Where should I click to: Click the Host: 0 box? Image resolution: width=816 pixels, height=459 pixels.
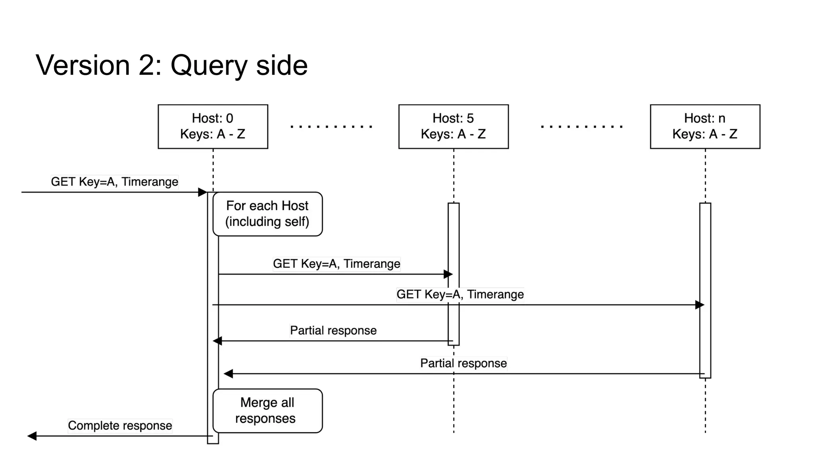pyautogui.click(x=213, y=126)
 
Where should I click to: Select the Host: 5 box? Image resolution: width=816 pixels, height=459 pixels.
pyautogui.click(x=453, y=126)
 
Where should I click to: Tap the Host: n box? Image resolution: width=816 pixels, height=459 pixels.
pyautogui.click(x=705, y=126)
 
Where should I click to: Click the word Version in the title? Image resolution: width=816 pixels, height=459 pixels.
pyautogui.click(x=83, y=65)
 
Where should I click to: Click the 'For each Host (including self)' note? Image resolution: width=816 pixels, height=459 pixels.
pyautogui.click(x=267, y=214)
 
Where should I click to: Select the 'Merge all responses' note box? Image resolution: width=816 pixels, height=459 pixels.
pyautogui.click(x=267, y=410)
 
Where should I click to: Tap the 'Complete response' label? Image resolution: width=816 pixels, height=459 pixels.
pyautogui.click(x=120, y=426)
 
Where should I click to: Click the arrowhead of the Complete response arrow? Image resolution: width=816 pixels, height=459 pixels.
pyautogui.click(x=32, y=436)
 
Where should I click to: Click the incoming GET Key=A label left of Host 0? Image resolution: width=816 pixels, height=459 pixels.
pyautogui.click(x=114, y=182)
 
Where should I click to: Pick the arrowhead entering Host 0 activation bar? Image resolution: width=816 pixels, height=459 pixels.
pyautogui.click(x=202, y=192)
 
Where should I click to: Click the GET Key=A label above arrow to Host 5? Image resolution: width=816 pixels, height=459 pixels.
pyautogui.click(x=336, y=264)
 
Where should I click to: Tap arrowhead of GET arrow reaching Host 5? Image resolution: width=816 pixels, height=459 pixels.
pyautogui.click(x=448, y=274)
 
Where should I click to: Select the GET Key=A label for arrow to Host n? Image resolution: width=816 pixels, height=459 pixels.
pyautogui.click(x=460, y=294)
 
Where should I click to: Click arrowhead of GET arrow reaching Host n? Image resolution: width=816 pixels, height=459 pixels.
pyautogui.click(x=700, y=305)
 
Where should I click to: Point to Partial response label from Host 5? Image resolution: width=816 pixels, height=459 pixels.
pyautogui.click(x=333, y=330)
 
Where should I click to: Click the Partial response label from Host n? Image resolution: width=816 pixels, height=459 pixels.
pyautogui.click(x=463, y=363)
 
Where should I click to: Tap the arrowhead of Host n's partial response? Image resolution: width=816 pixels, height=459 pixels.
pyautogui.click(x=228, y=374)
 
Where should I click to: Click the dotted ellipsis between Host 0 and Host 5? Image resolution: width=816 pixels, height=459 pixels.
pyautogui.click(x=331, y=127)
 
